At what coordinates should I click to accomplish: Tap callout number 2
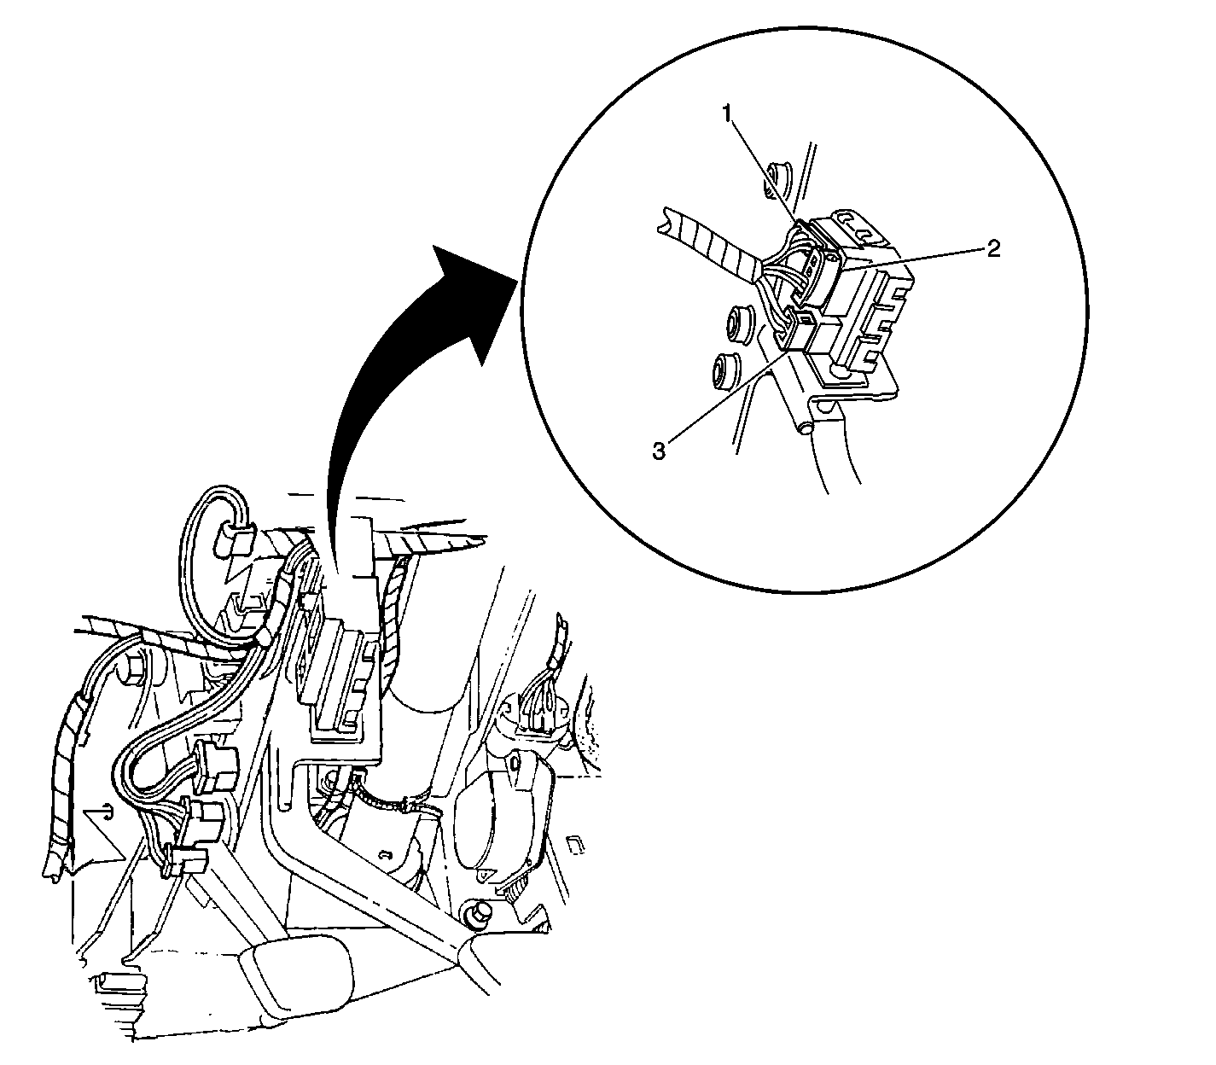[994, 247]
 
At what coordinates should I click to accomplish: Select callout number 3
[659, 451]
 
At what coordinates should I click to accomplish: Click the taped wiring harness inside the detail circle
[710, 244]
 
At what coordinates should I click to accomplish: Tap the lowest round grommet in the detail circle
[725, 370]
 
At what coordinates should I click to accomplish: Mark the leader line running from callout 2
[910, 258]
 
